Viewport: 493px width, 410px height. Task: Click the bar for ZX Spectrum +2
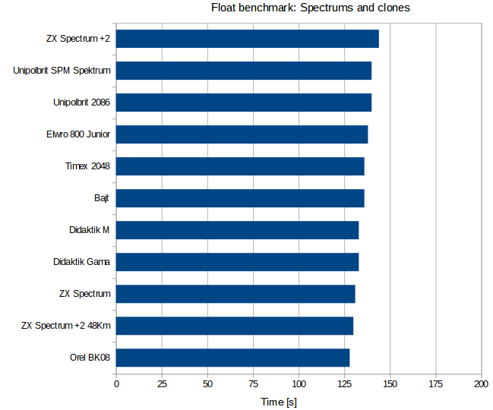pos(247,39)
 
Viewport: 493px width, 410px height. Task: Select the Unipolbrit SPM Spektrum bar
pos(243,71)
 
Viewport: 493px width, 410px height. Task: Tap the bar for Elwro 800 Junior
pos(242,134)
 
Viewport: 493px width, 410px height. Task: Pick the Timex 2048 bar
pos(240,166)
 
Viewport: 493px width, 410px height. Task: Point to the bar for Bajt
pos(240,198)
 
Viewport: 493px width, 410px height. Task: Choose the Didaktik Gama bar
pos(237,262)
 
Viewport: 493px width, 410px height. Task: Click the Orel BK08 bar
pos(232,358)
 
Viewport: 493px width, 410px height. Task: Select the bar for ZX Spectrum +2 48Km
pos(235,326)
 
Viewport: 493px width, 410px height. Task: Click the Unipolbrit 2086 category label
pos(82,102)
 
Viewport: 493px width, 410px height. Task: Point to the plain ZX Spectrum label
pos(85,294)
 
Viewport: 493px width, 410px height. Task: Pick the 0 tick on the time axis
pos(116,384)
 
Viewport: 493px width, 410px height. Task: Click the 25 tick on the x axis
pos(162,384)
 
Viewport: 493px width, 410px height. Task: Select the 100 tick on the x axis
pos(299,384)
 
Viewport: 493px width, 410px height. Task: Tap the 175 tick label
pos(435,384)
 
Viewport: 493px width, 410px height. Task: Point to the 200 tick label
pos(481,384)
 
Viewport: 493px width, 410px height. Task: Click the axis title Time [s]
pos(279,400)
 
